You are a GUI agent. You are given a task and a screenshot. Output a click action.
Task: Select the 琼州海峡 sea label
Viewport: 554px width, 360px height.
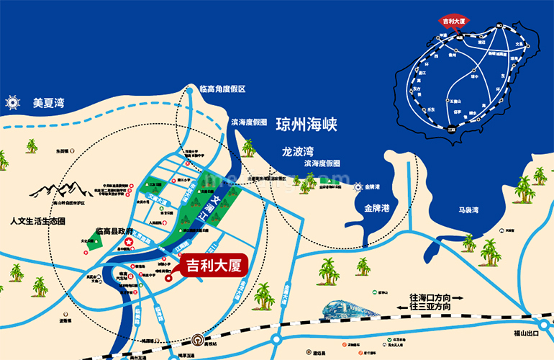306,124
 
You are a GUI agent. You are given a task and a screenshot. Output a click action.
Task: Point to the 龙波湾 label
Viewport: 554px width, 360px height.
298,153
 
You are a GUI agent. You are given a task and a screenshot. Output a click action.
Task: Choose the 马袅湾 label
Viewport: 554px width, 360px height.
469,210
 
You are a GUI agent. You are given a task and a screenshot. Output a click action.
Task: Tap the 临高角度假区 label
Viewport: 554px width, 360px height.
223,89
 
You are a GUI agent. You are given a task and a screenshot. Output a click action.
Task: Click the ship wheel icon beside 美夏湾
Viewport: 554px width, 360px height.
12,102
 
